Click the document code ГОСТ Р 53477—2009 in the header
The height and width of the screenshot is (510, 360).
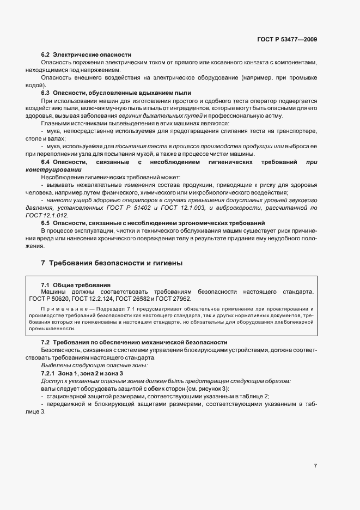(287, 39)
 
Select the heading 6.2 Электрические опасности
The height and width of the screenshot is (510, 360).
(86, 55)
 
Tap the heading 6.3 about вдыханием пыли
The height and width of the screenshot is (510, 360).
(116, 93)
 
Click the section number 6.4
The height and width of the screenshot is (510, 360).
(47, 162)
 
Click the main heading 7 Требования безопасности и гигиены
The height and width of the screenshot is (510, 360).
(112, 263)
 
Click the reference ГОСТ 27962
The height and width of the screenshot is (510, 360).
(173, 299)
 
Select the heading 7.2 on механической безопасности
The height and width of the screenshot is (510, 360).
(134, 342)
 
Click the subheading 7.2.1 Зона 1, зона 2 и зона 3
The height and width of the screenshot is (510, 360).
(82, 373)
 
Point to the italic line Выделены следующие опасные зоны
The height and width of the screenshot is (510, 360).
(79, 365)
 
